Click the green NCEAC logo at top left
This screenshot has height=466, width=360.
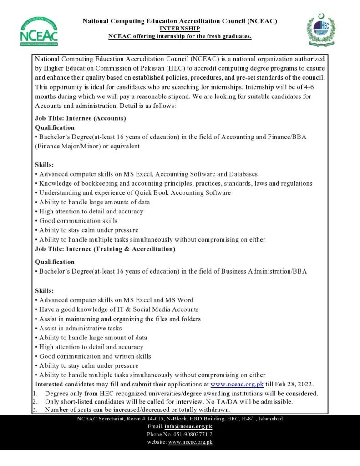(39, 32)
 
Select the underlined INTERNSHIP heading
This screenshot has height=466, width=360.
(180, 29)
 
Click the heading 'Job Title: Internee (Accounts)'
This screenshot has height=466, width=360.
(81, 118)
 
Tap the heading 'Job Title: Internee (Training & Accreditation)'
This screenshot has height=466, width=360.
(105, 249)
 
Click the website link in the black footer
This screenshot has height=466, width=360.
(190, 442)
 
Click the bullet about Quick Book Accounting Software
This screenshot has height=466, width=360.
(133, 193)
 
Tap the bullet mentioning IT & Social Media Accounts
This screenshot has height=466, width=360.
(119, 309)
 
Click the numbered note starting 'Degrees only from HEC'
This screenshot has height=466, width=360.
(181, 393)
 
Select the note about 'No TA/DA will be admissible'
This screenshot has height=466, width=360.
(168, 402)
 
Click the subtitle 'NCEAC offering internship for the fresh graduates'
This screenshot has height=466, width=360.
(180, 36)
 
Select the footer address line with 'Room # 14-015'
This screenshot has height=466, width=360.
(180, 419)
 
